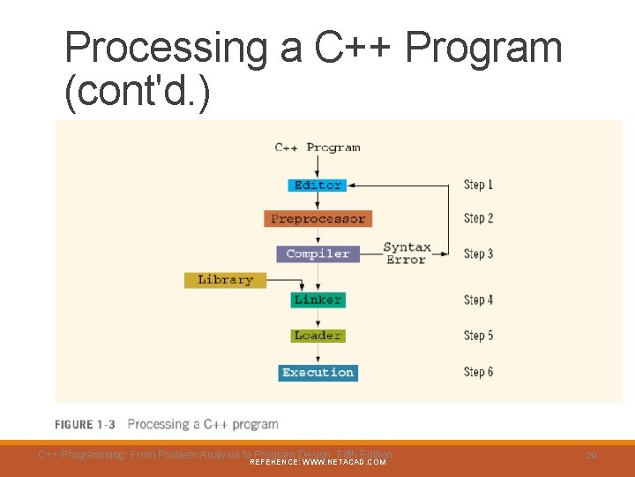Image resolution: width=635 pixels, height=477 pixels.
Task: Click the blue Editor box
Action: pos(317,185)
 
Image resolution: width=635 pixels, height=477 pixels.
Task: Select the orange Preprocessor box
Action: pos(317,218)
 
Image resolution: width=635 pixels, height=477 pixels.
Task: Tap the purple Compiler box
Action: pos(317,254)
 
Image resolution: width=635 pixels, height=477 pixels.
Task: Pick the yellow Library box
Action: pos(225,280)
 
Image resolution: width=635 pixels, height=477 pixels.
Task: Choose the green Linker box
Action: pos(317,300)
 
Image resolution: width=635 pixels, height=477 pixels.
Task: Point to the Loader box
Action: pos(317,336)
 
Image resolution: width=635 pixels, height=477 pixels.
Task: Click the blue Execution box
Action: pos(317,373)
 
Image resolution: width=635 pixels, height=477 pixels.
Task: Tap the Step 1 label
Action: pos(478,185)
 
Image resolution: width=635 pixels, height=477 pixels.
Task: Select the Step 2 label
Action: pos(478,218)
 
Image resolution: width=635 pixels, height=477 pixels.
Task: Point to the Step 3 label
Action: pos(478,254)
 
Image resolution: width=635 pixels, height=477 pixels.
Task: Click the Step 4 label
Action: pos(478,300)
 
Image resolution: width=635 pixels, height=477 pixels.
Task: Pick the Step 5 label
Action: pos(478,336)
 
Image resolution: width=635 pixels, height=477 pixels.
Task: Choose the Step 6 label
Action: pos(478,372)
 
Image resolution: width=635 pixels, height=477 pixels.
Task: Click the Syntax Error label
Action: pos(407,254)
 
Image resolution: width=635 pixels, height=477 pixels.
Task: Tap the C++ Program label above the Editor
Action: pos(317,148)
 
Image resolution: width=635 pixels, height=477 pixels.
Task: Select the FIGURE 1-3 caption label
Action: pos(85,425)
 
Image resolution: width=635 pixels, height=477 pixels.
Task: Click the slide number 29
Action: pos(591,455)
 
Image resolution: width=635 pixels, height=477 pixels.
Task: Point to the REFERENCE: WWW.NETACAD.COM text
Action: pos(317,462)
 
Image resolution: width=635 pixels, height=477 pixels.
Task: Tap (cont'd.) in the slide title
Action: pos(138,92)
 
